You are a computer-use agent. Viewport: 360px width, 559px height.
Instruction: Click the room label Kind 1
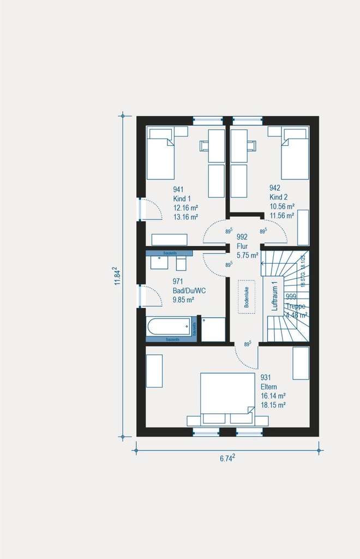click(182, 199)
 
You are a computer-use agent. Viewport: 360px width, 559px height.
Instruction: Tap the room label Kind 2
click(278, 197)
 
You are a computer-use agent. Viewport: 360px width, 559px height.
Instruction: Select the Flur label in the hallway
click(242, 246)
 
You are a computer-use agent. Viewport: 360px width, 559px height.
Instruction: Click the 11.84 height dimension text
click(116, 276)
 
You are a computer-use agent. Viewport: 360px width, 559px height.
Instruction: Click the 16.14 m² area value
click(273, 396)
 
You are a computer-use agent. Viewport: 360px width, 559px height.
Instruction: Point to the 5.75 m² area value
click(248, 254)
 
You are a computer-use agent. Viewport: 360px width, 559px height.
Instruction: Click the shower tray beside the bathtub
click(213, 329)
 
